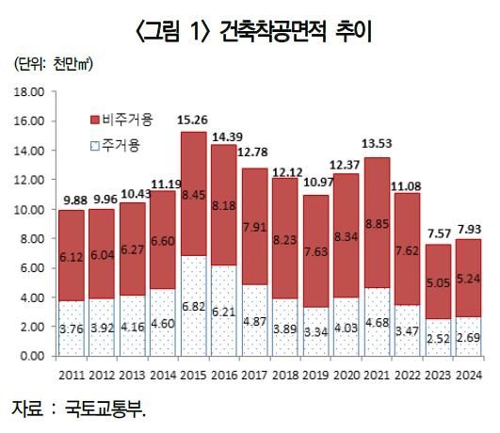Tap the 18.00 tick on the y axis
click(29, 92)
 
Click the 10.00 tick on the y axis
click(29, 209)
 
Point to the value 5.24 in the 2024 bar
click(470, 278)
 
